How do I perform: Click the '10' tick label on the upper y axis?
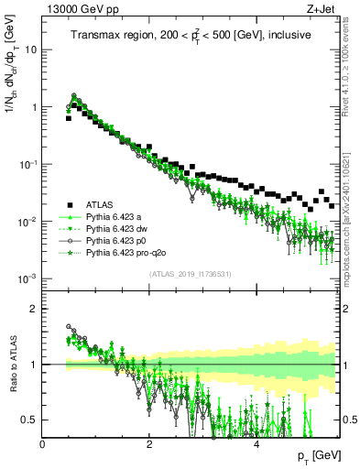[32, 49]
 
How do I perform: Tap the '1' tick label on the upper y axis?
[35, 107]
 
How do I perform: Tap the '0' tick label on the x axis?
[43, 443]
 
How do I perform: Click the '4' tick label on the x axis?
[256, 443]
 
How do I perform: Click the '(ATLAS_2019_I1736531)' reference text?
[191, 275]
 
